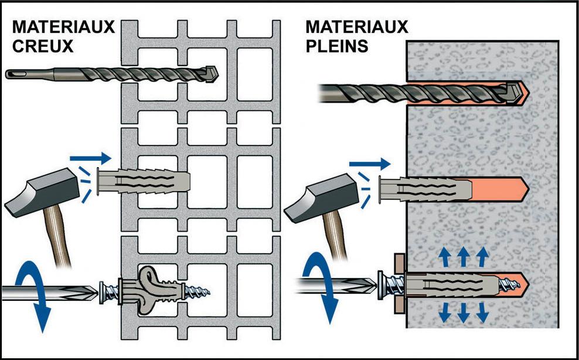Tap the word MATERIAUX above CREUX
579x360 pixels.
point(63,27)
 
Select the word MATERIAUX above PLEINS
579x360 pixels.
point(357,27)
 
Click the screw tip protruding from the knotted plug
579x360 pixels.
point(205,289)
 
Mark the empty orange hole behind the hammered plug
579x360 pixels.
point(501,189)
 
